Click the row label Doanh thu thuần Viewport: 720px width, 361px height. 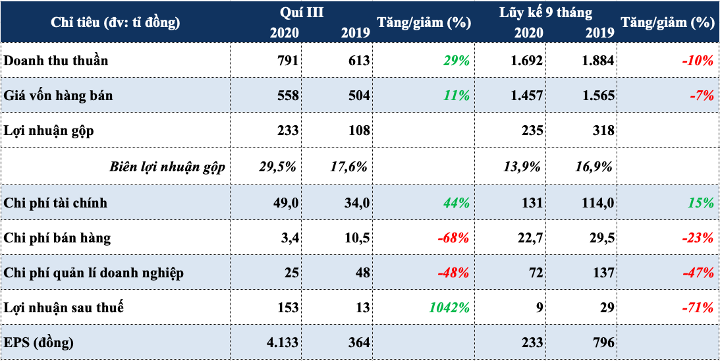tap(55, 61)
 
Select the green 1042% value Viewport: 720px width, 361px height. tap(449, 308)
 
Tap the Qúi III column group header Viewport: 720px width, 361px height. tap(302, 12)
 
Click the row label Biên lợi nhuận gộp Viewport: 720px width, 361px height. tap(167, 167)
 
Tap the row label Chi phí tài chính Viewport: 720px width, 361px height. tap(55, 203)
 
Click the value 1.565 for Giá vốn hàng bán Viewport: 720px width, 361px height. tap(595, 96)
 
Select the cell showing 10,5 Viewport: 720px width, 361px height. tap(356, 238)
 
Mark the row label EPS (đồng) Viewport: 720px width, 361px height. tap(39, 343)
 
